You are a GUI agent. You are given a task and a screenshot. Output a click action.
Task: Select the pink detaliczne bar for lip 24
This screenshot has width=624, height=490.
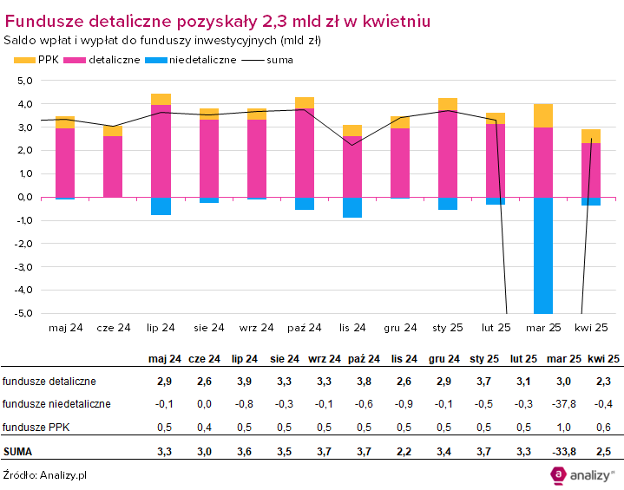point(161,151)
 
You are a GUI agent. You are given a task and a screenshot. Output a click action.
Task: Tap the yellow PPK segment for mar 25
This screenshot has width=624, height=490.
point(543,115)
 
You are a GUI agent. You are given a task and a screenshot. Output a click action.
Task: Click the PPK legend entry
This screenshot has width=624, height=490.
point(35,60)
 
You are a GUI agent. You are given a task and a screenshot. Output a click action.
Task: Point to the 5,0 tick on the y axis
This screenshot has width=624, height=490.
point(23,81)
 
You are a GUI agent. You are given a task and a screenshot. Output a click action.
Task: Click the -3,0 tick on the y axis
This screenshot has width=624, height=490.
point(23,266)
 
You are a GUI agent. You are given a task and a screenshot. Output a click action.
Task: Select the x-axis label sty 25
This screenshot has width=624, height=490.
point(447,328)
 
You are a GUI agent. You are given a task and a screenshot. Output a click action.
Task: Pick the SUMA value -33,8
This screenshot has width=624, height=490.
point(565,451)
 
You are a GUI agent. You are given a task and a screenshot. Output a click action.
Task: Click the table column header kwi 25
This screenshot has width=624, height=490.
point(603,358)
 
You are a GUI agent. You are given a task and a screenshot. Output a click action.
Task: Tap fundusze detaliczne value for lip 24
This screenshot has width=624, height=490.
point(246,381)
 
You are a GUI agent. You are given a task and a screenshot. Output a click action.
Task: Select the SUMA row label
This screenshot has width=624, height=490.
point(18,451)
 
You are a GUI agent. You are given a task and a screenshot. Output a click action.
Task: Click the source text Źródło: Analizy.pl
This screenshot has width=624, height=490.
point(44,474)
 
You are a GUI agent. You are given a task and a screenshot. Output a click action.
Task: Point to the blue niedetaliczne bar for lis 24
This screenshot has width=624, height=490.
point(351,207)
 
